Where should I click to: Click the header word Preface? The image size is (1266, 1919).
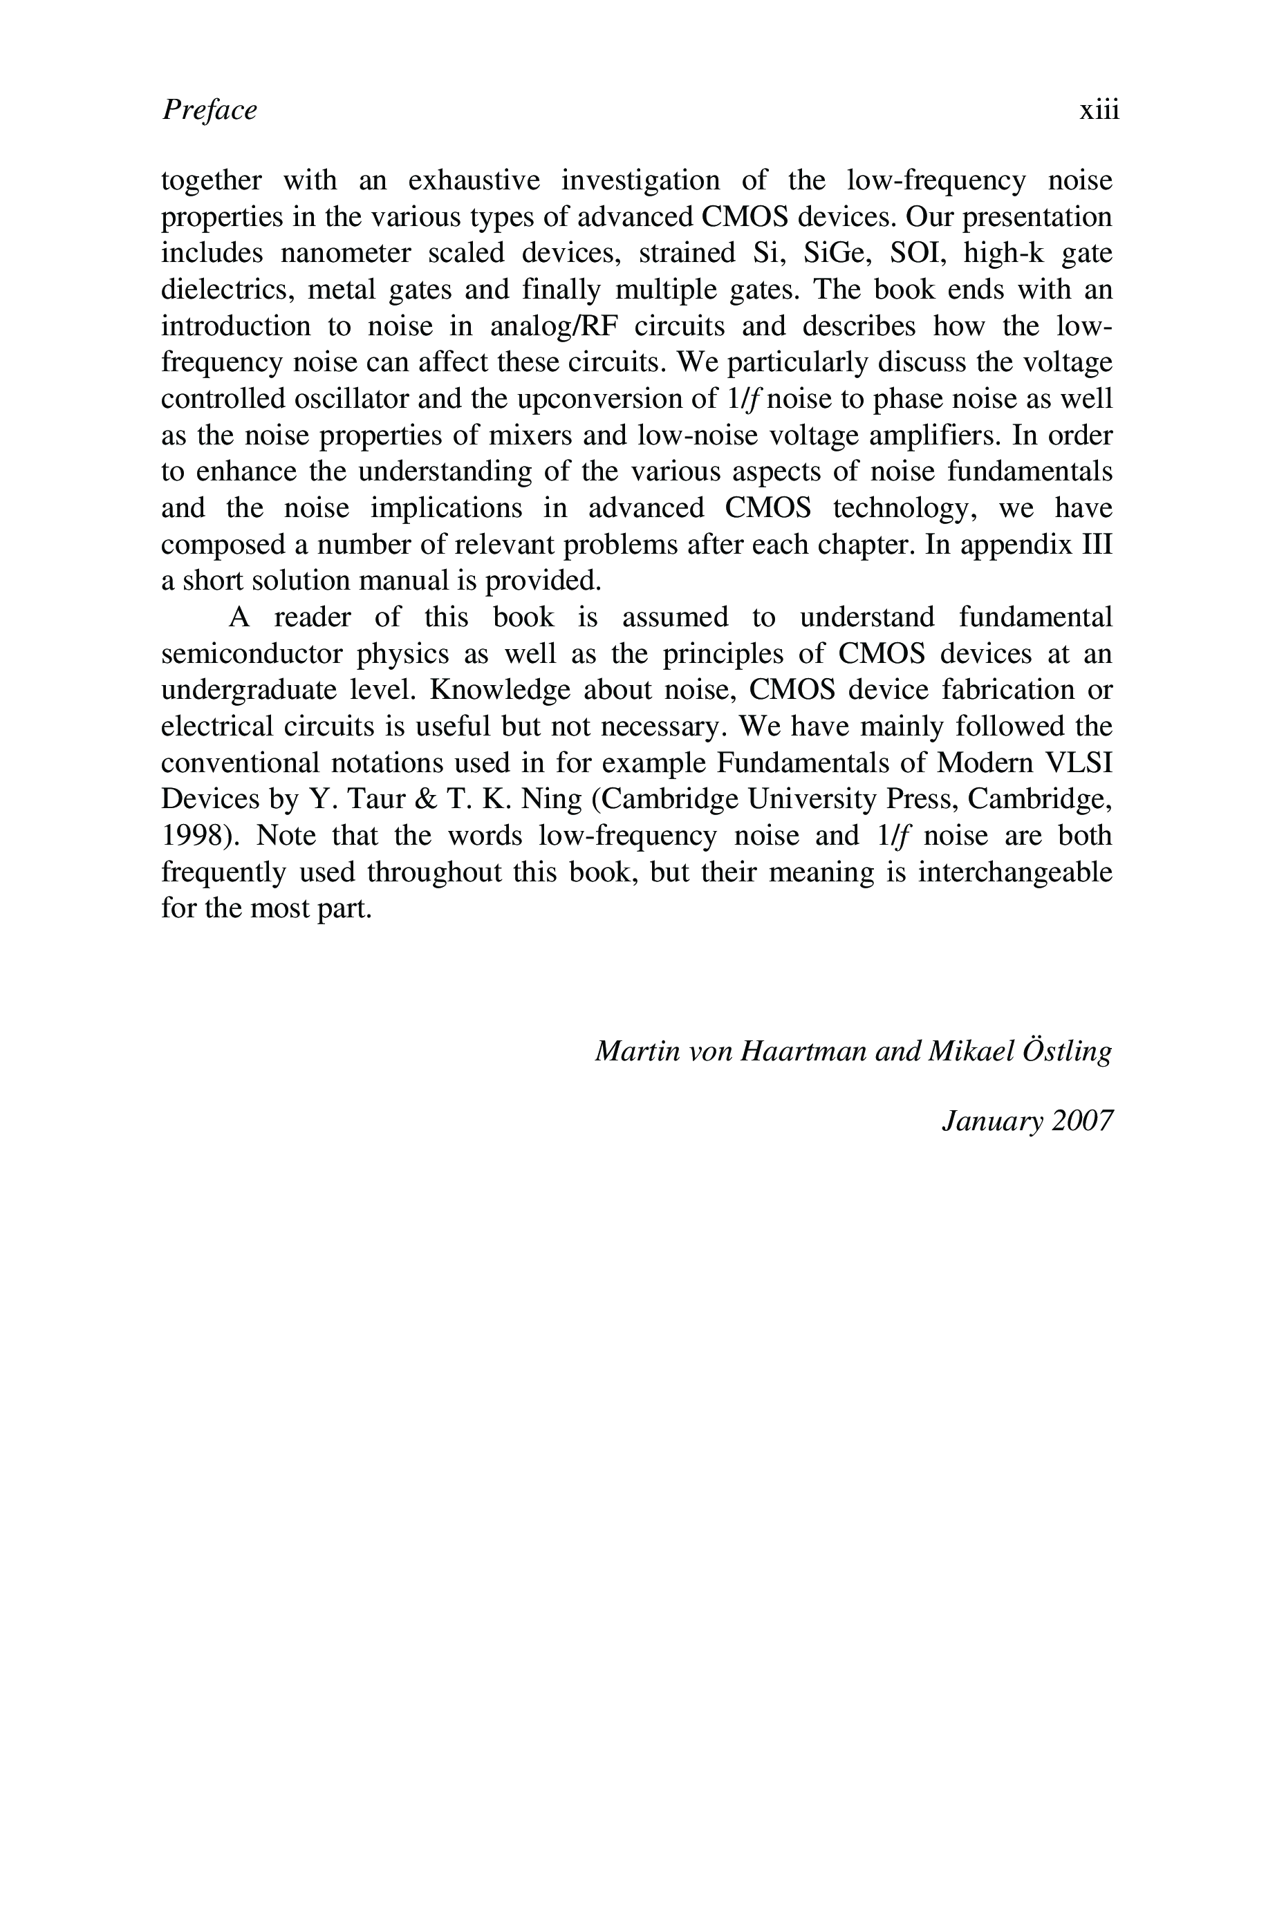tap(209, 110)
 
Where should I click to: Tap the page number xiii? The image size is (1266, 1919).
tap(1099, 110)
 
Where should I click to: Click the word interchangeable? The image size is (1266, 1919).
tap(1014, 872)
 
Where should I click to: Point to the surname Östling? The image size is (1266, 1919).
tap(1065, 1051)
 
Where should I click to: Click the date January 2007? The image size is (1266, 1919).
tap(1026, 1121)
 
